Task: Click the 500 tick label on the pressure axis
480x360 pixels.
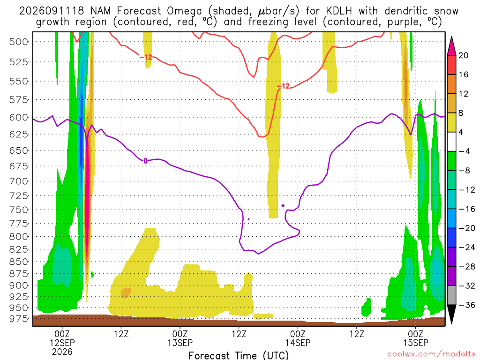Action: (x=19, y=42)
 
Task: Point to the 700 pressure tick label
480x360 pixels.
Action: (x=19, y=181)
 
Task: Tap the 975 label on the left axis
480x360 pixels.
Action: (x=19, y=319)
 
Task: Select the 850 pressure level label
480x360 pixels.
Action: (x=19, y=262)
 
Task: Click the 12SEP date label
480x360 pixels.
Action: (x=62, y=343)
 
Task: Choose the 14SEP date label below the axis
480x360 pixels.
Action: (x=298, y=343)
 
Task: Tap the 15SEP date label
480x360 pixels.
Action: (x=415, y=343)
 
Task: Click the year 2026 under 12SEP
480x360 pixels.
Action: (x=62, y=352)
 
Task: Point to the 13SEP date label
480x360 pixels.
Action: (x=180, y=343)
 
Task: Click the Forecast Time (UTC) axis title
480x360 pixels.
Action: (x=239, y=355)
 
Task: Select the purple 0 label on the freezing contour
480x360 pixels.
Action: (x=145, y=161)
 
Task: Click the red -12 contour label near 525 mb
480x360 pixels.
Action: (x=146, y=57)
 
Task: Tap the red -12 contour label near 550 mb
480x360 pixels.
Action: (x=284, y=86)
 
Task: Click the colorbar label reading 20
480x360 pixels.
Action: (x=464, y=55)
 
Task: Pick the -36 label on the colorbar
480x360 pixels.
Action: (x=467, y=305)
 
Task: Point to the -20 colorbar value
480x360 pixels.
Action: (x=467, y=228)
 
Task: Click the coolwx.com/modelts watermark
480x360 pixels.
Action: (x=431, y=354)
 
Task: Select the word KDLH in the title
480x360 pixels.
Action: (x=338, y=11)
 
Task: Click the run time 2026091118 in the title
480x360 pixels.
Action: (x=52, y=11)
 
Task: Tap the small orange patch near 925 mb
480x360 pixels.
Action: (x=126, y=292)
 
